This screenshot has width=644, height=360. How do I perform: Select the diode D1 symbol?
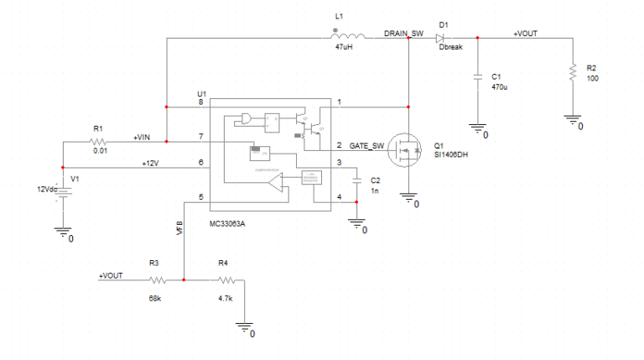pyautogui.click(x=442, y=38)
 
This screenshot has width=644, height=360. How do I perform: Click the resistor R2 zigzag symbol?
pyautogui.click(x=573, y=73)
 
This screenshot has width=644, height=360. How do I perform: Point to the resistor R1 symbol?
pyautogui.click(x=99, y=142)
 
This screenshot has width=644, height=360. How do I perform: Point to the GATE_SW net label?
pyautogui.click(x=366, y=144)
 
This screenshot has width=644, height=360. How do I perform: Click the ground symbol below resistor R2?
pyautogui.click(x=573, y=120)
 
